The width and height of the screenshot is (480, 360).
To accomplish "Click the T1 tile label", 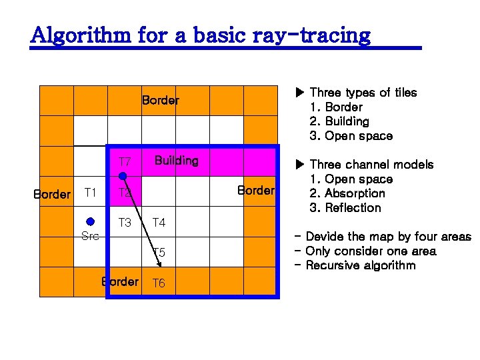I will coord(91,193).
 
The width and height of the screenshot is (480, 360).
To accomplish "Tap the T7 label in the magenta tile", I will coord(125,162).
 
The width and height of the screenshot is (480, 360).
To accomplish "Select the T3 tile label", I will coord(125,223).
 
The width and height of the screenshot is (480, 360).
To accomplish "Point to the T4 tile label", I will coord(159,223).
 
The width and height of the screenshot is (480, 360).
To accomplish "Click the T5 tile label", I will coord(159,253).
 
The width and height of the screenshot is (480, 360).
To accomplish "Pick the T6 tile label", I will coord(159,283).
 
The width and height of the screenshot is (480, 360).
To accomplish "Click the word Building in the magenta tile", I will coord(176,161).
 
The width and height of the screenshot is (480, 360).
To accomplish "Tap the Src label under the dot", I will coord(90,236).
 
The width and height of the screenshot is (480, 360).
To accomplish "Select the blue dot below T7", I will coord(123,177).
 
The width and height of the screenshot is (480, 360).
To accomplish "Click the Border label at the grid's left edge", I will coord(51,195).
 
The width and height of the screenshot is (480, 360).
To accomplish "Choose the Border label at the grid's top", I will coord(160,101).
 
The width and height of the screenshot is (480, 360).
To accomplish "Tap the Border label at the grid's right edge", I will coord(256,191).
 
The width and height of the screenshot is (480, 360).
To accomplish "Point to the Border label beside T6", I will coord(120,282).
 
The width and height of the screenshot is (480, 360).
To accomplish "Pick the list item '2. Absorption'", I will coord(347,193).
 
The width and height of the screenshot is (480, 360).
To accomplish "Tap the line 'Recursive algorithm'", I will coord(360,265).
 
